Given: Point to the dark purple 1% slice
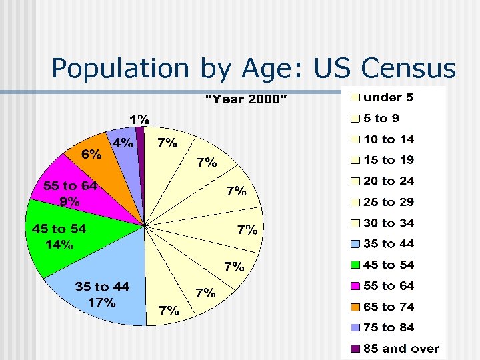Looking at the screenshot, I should pyautogui.click(x=141, y=147).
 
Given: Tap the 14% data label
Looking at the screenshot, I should pyautogui.click(x=59, y=245).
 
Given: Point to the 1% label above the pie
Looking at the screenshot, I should pyautogui.click(x=139, y=119).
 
